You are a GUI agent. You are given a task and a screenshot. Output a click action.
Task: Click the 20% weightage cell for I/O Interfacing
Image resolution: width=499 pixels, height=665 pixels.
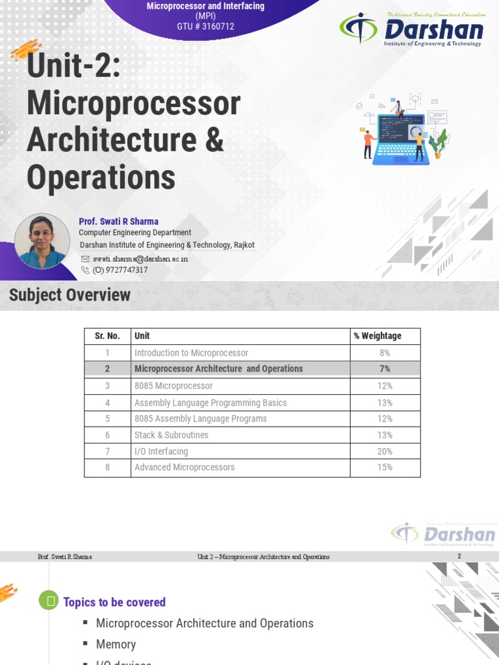[x=385, y=451]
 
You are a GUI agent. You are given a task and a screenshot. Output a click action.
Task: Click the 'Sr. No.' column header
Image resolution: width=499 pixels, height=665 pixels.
[x=107, y=336]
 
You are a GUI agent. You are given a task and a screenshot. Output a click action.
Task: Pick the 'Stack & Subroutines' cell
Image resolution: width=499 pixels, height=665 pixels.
[x=172, y=435]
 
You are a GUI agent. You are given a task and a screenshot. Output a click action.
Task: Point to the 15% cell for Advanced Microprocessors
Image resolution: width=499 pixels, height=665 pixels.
[x=385, y=467]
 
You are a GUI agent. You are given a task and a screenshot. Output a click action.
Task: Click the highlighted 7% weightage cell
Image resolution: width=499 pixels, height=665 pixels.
[x=385, y=368]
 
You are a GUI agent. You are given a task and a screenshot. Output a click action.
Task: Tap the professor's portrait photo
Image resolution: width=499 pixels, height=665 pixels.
[x=42, y=242]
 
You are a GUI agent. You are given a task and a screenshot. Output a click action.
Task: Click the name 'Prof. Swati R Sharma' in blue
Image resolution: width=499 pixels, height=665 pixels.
[x=118, y=221]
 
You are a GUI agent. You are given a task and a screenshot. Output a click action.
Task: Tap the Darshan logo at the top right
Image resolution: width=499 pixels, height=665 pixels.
[x=412, y=29]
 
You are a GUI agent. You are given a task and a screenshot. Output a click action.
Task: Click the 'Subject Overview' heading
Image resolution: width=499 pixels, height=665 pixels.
[x=70, y=295]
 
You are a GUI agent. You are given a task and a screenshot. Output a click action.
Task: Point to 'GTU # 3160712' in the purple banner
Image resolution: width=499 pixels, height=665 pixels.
[x=205, y=27]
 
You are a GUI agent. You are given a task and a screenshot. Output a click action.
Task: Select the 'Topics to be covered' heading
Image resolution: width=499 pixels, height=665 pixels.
[x=114, y=602]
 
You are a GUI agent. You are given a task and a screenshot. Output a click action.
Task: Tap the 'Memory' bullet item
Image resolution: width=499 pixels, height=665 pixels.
[x=116, y=644]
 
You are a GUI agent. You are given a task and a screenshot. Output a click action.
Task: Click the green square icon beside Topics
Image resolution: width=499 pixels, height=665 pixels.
[x=48, y=601]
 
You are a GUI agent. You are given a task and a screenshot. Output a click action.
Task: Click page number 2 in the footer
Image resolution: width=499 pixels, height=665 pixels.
[x=459, y=557]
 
